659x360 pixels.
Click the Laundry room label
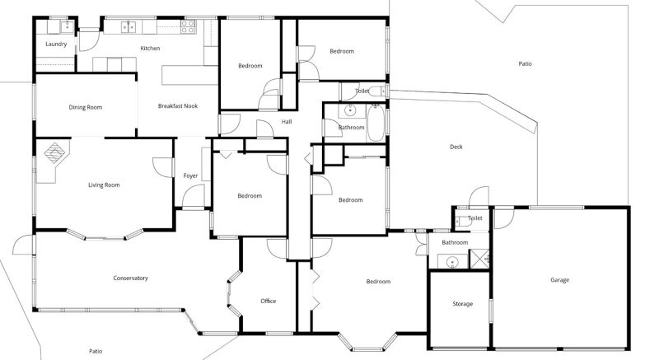click(x=56, y=44)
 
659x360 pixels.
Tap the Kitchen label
click(x=150, y=49)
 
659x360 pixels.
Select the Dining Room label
click(x=86, y=107)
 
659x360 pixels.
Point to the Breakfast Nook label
click(x=178, y=105)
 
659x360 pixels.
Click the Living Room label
click(x=104, y=185)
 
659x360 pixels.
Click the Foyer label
click(x=190, y=175)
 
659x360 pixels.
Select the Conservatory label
click(x=130, y=278)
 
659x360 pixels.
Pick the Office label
click(x=269, y=301)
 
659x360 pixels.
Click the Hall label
click(x=287, y=122)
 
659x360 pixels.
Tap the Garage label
click(x=560, y=280)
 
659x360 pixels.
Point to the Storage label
click(x=463, y=304)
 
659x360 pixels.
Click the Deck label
click(x=456, y=147)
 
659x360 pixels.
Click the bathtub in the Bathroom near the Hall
click(x=376, y=123)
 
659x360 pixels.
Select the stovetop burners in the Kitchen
click(x=188, y=26)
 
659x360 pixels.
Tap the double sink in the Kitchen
click(x=129, y=27)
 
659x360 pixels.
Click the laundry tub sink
click(x=67, y=27)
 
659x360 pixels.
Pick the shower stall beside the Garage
click(x=479, y=259)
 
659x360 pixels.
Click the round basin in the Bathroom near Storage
click(x=452, y=262)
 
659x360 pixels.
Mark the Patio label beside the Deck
click(x=525, y=64)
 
